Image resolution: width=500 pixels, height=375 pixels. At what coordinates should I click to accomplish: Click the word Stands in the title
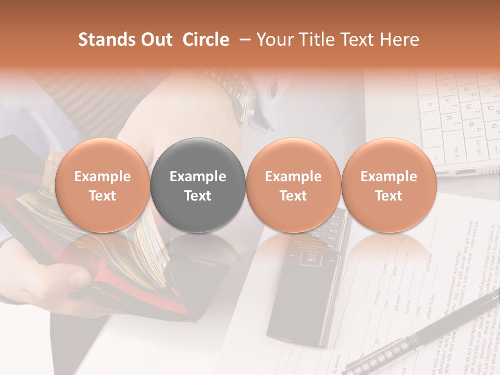(x=100, y=40)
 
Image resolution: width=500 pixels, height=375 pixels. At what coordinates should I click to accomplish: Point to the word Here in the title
(x=400, y=40)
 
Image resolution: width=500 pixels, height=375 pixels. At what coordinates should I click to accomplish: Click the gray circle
(x=198, y=185)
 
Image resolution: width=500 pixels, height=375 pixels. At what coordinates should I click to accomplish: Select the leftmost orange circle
(x=103, y=185)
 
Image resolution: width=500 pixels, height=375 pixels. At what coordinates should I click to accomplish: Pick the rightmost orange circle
(x=389, y=185)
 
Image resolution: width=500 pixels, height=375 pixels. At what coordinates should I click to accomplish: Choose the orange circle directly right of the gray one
(x=293, y=185)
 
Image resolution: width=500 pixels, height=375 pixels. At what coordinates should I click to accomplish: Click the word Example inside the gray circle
(x=198, y=177)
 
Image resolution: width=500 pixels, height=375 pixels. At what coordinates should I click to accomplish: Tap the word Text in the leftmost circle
(x=103, y=196)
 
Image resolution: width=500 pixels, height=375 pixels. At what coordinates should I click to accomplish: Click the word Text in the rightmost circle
(x=389, y=196)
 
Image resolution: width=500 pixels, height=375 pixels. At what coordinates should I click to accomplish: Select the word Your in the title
(x=273, y=40)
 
